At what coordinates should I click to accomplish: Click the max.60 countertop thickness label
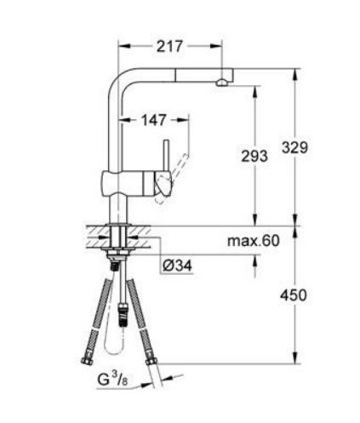coord(253,242)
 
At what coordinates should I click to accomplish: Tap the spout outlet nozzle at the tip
coord(221,82)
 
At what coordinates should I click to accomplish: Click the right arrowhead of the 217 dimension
coord(221,48)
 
